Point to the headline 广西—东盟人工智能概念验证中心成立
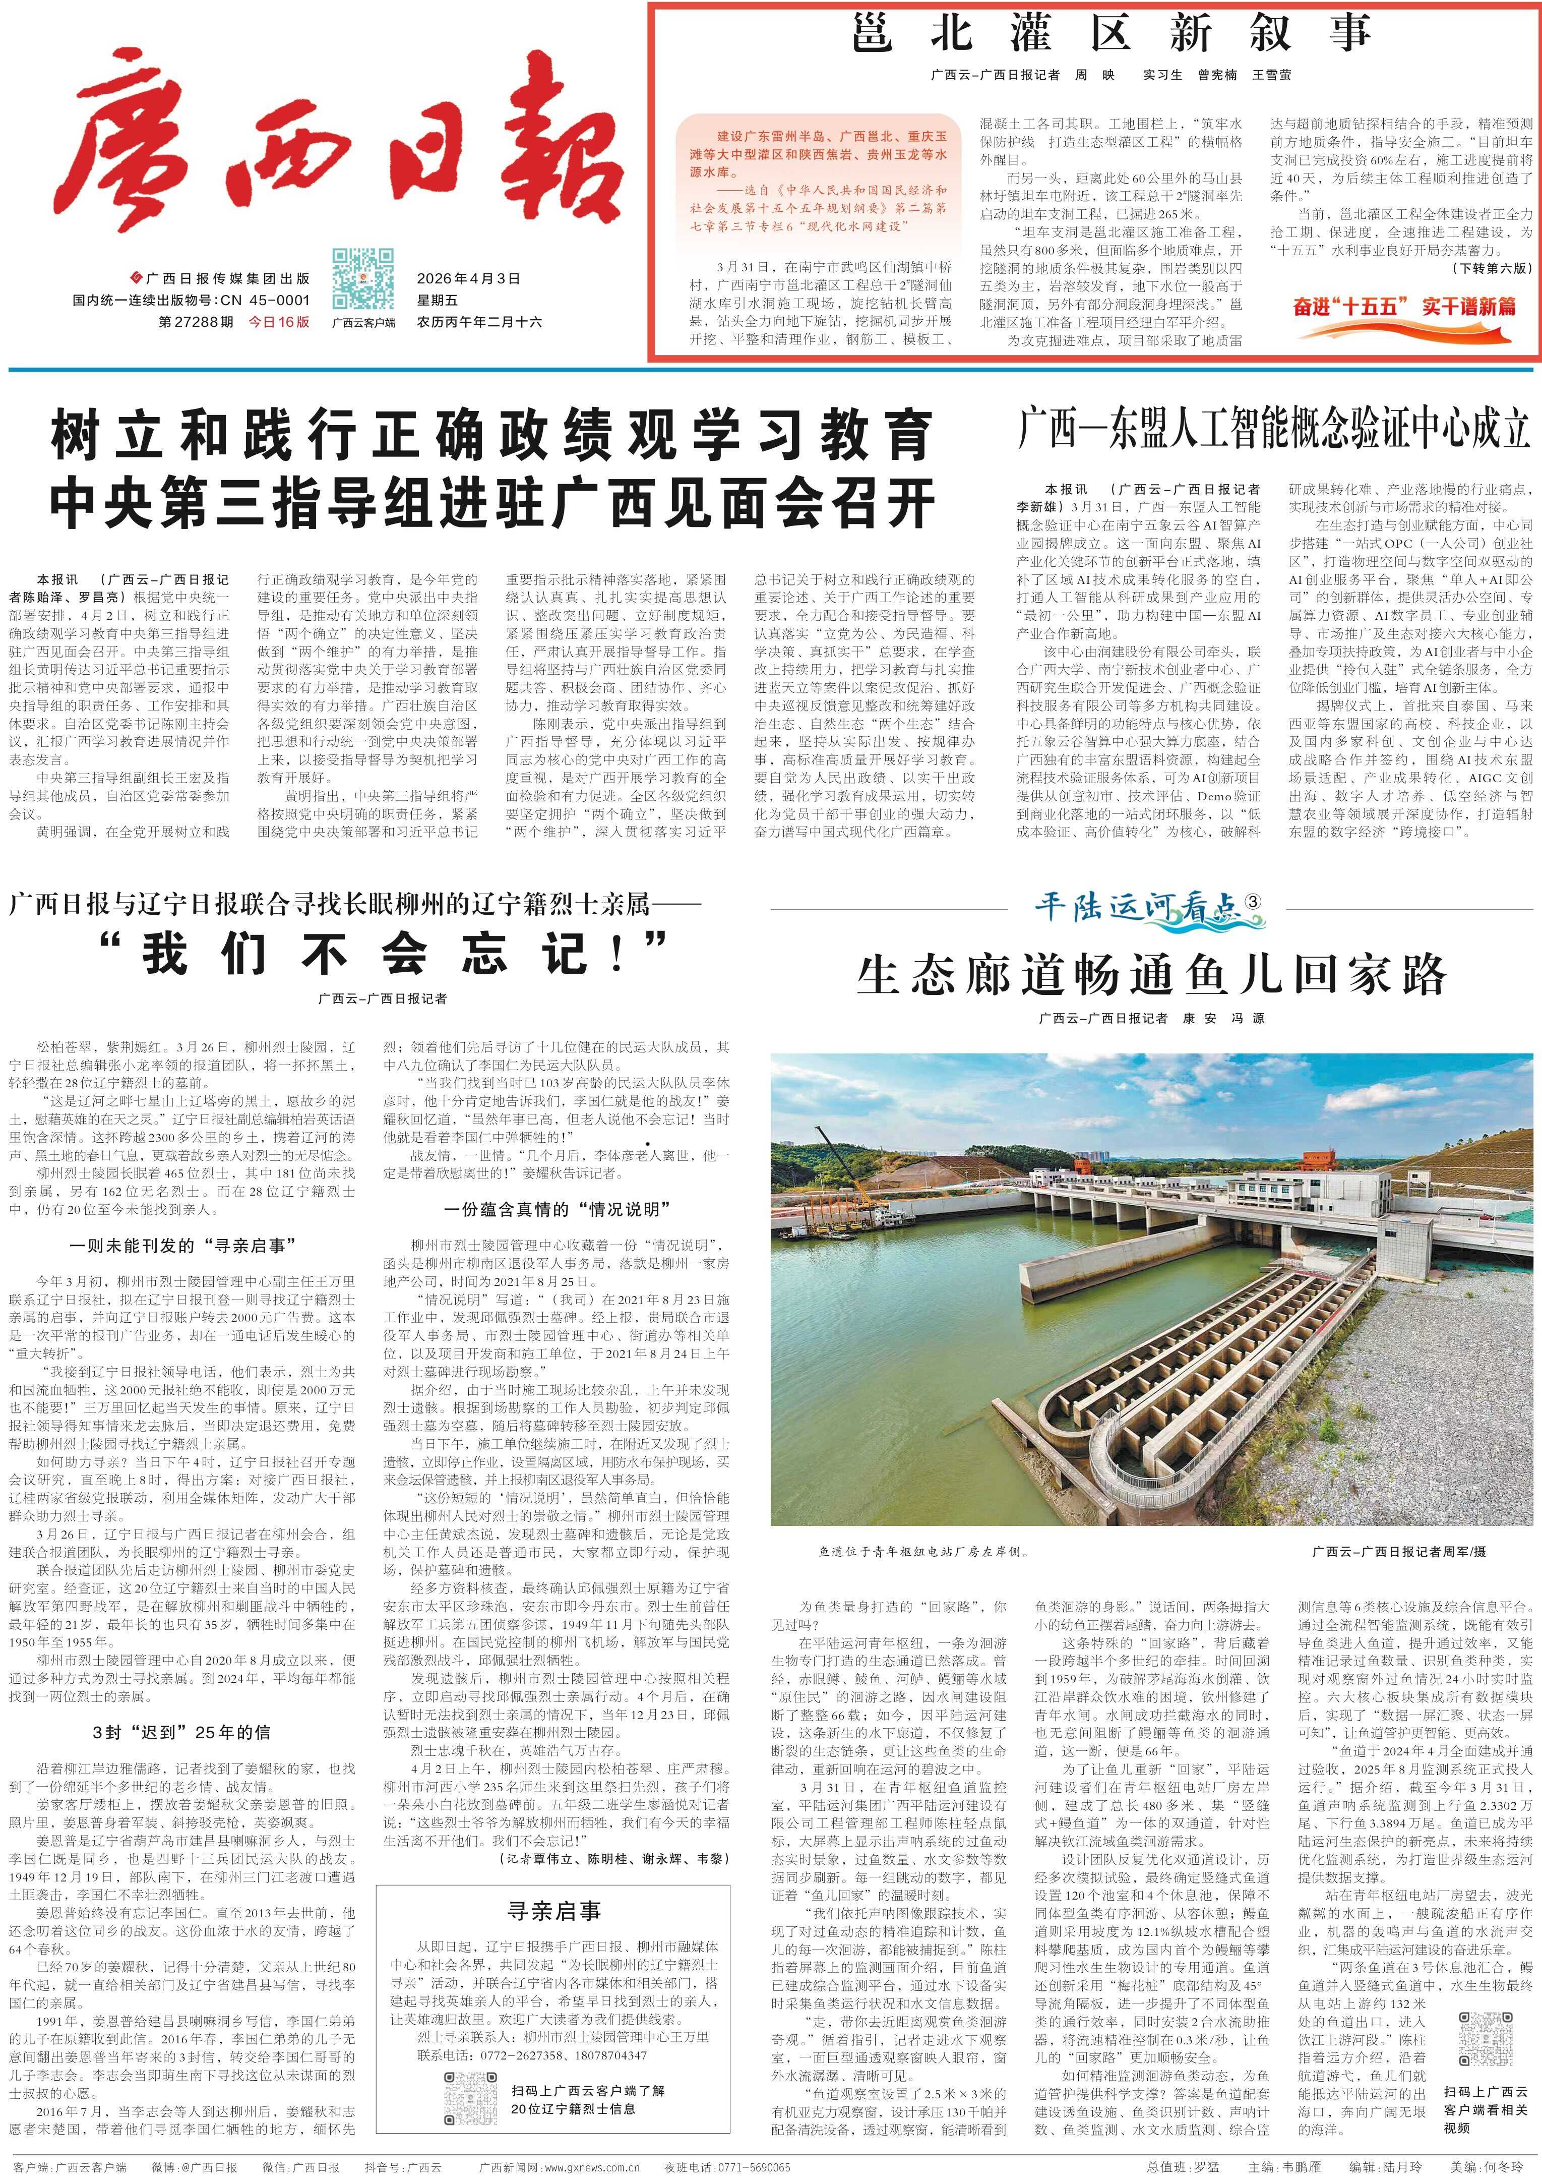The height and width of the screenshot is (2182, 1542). (1273, 429)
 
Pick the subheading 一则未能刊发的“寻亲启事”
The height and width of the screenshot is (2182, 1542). (183, 1245)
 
